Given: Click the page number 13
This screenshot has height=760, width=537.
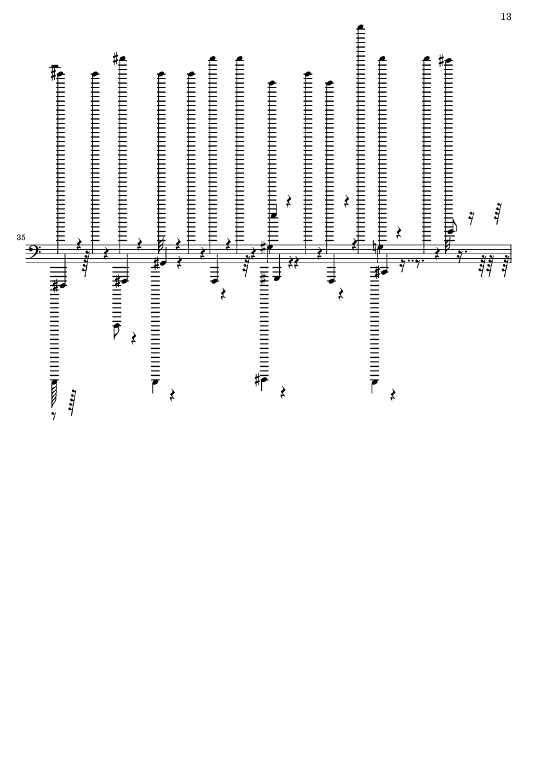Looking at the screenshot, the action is [505, 17].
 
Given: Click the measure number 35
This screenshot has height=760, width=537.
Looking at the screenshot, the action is [21, 237].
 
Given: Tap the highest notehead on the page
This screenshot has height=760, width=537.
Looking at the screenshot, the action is [360, 26].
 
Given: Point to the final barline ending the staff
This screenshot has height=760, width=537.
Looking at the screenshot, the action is [511, 254].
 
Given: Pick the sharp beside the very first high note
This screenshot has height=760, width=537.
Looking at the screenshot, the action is [54, 73].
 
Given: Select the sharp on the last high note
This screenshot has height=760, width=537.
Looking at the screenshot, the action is [441, 60].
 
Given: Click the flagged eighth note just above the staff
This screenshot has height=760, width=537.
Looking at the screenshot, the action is [451, 228].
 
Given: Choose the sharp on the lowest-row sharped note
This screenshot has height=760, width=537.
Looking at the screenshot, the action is [258, 380].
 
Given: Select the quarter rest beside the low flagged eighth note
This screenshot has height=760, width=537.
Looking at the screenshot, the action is [134, 338].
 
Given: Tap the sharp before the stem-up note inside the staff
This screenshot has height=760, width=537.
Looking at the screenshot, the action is [156, 263].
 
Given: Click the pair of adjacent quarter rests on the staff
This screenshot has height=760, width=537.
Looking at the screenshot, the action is [293, 263].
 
